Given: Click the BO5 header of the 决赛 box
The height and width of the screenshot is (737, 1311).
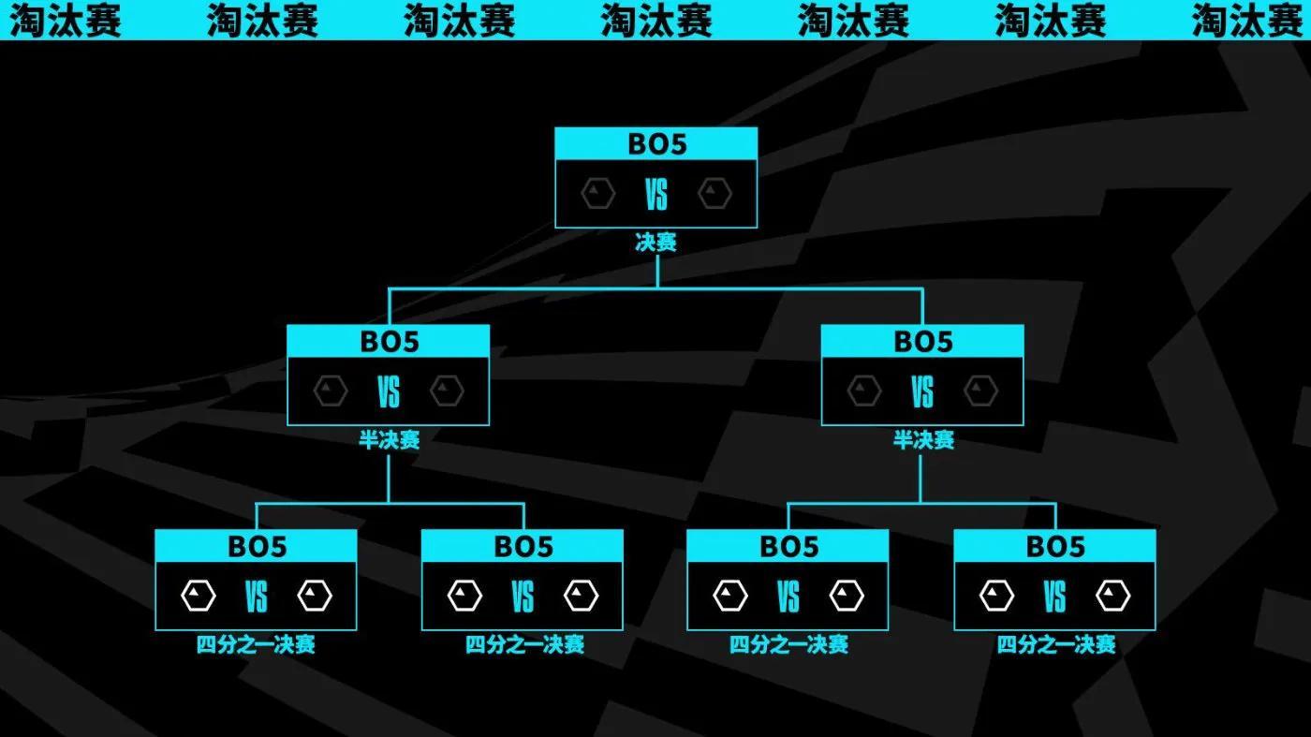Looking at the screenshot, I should pos(655,144).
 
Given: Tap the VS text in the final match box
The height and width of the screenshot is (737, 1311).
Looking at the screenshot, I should pos(655,196).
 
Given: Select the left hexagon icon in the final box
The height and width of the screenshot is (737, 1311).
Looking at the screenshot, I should pos(597,195).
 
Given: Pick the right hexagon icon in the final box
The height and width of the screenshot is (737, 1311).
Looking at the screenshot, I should pos(714,195).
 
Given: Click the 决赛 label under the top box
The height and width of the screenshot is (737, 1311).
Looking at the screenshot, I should pos(655,243).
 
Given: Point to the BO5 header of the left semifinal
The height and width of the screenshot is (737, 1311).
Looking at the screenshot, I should pos(388,342).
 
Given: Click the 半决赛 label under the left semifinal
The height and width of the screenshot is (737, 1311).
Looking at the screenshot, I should pos(389,441).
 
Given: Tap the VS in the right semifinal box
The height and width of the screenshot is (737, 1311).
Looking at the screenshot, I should pos(922,392).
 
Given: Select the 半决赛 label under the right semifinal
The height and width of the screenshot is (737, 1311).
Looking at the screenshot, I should pos(923,441).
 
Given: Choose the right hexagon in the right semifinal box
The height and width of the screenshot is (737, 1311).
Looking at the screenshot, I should pos(981,391).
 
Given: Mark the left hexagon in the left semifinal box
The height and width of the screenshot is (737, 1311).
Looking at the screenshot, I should pos(330,391).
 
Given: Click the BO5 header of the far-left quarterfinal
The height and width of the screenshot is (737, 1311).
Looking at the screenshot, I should pos(257,546).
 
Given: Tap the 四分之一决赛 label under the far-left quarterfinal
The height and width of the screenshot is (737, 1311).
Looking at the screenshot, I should pos(256,645).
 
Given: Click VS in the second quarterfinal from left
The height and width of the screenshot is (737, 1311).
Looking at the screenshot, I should pos(523,597).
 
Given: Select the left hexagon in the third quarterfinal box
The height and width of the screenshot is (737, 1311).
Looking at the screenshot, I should pos(729,596).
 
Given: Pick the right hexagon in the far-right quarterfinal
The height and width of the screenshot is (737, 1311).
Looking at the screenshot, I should pos(1113,596).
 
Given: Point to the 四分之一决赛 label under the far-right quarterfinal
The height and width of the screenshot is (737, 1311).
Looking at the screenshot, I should pos(1055,645).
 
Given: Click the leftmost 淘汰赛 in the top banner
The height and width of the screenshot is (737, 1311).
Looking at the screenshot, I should pos(66,20).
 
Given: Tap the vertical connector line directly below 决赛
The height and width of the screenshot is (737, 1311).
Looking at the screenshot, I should pos(657,270).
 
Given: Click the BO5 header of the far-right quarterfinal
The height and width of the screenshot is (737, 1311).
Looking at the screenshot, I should pos(1054,546).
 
